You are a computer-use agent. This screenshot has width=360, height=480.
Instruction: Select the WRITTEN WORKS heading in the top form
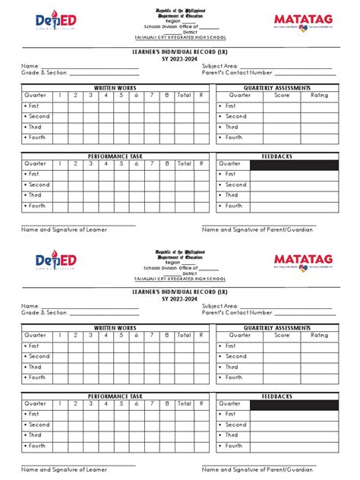(x=115, y=88)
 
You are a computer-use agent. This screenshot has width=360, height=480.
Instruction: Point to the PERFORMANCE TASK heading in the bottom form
(x=115, y=396)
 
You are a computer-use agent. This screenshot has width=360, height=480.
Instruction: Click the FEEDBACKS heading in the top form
(x=276, y=156)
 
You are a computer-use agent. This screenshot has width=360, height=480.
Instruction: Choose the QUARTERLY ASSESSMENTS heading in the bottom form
(x=276, y=328)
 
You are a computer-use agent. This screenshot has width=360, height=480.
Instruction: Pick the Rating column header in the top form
(x=320, y=96)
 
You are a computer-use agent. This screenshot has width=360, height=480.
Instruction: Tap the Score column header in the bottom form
(x=282, y=335)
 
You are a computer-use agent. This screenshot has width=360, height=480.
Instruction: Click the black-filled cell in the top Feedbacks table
(x=294, y=164)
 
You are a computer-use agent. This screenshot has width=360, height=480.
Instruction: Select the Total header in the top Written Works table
(x=185, y=96)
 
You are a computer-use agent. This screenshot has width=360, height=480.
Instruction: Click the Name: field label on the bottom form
(x=30, y=305)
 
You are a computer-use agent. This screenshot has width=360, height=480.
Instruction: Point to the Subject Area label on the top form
(x=219, y=66)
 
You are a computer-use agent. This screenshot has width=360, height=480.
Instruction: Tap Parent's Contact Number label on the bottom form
(x=237, y=312)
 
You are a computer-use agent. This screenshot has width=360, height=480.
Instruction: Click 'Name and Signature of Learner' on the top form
(x=64, y=229)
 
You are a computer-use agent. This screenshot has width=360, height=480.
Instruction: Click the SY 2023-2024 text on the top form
(x=179, y=58)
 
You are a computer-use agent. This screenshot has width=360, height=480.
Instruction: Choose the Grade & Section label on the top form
(x=45, y=73)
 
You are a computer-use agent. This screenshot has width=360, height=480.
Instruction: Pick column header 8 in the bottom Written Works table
(x=167, y=335)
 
